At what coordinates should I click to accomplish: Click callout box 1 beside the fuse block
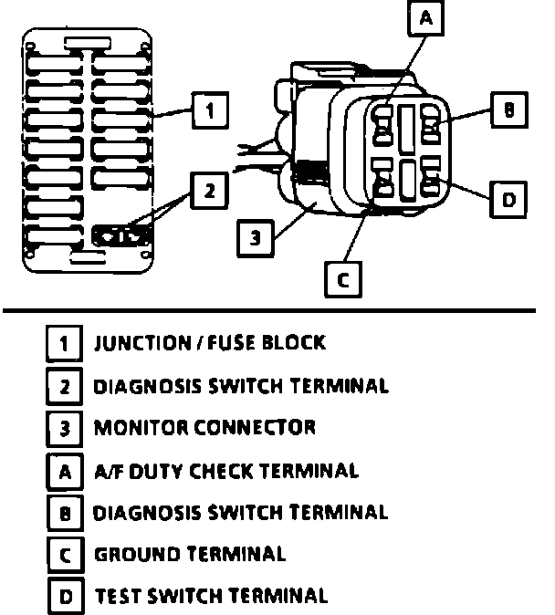point(209,112)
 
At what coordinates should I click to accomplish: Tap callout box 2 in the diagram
point(209,191)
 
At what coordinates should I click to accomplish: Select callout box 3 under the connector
point(256,237)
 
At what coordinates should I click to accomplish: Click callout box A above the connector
point(426,18)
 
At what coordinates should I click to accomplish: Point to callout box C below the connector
point(343,279)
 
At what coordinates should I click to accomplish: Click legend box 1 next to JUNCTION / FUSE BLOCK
point(64,345)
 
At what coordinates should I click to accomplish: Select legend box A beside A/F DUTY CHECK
point(64,473)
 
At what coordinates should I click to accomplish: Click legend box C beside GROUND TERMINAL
point(64,555)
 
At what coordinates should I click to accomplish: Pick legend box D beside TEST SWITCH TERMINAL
point(64,598)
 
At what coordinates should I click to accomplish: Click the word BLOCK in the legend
point(293,343)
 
